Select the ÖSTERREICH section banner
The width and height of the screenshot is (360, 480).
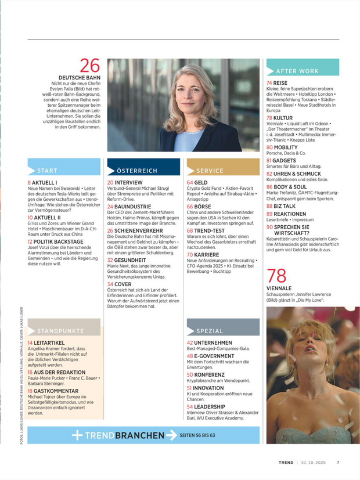143,171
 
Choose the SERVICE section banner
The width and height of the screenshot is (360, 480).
222,171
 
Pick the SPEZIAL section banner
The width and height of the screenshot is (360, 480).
222,331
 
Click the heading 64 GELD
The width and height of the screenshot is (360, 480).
197,182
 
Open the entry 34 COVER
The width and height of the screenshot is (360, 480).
120,284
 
